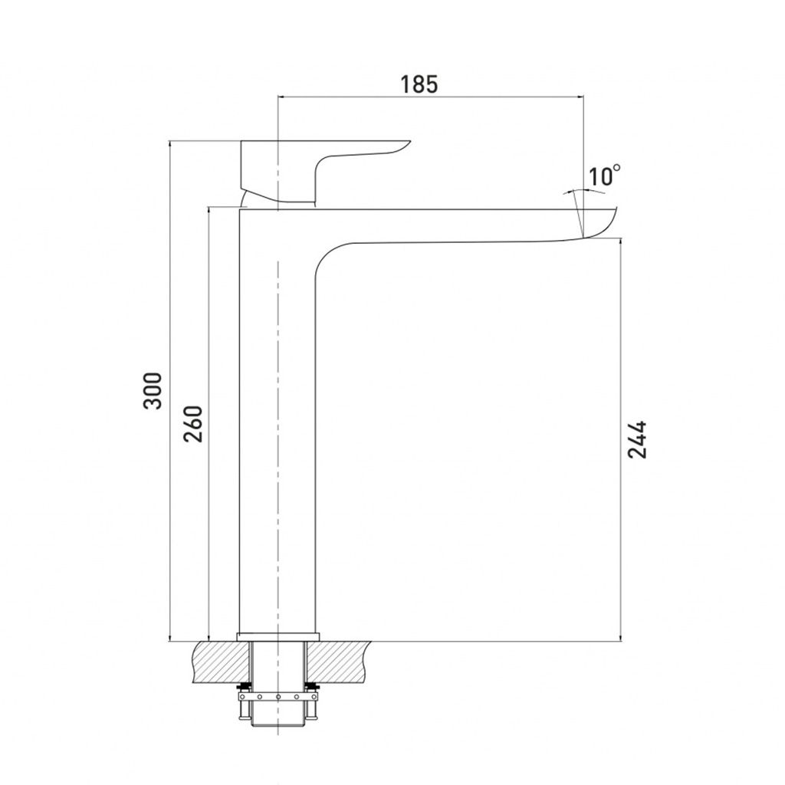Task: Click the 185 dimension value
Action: [x=419, y=84]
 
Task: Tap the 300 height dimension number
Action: [x=153, y=390]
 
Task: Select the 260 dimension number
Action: [x=193, y=423]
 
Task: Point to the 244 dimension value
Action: [x=637, y=439]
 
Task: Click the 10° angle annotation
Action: [x=604, y=176]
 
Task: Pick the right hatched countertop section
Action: [x=337, y=662]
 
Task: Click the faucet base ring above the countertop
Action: [x=278, y=636]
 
